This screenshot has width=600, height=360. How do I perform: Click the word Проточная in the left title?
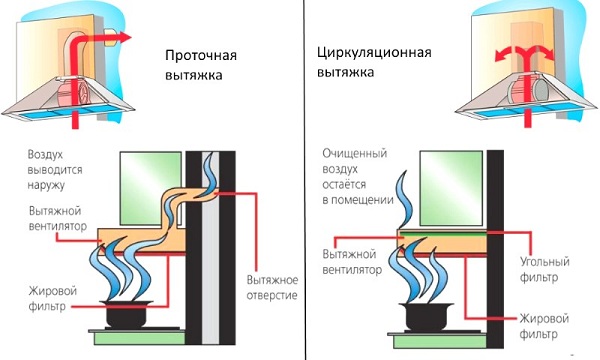(x=201, y=55)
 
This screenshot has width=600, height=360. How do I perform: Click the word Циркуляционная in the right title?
(x=374, y=52)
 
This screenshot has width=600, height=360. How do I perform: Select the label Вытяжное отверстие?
(x=272, y=287)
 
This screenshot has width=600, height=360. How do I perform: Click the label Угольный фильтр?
(x=544, y=269)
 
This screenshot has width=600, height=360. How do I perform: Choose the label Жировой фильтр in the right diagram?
(x=544, y=326)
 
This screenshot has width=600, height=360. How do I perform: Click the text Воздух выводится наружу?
(x=55, y=169)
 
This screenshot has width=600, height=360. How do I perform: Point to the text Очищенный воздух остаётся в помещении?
(x=358, y=177)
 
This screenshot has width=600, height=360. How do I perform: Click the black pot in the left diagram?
(x=126, y=314)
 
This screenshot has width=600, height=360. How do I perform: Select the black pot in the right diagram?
(x=426, y=316)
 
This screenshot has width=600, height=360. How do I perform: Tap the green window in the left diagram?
(x=151, y=188)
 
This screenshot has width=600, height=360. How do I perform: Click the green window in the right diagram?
(x=451, y=188)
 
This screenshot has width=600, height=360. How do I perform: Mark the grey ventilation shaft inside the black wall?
(x=210, y=248)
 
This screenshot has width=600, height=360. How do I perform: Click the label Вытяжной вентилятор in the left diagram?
(x=58, y=218)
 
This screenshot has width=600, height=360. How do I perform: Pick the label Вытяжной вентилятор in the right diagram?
(x=352, y=262)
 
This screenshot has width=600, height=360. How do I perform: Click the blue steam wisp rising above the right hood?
(x=404, y=200)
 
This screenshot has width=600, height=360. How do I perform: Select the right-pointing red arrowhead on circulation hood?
(x=547, y=54)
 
